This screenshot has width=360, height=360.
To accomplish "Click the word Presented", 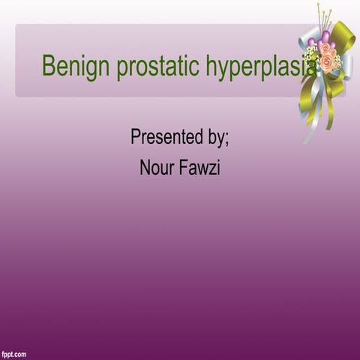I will point(166,137).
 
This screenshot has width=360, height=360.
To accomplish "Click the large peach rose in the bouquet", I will point(328,64).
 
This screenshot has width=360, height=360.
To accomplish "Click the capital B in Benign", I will point(48,66).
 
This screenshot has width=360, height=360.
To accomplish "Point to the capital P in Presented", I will point(136,137).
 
